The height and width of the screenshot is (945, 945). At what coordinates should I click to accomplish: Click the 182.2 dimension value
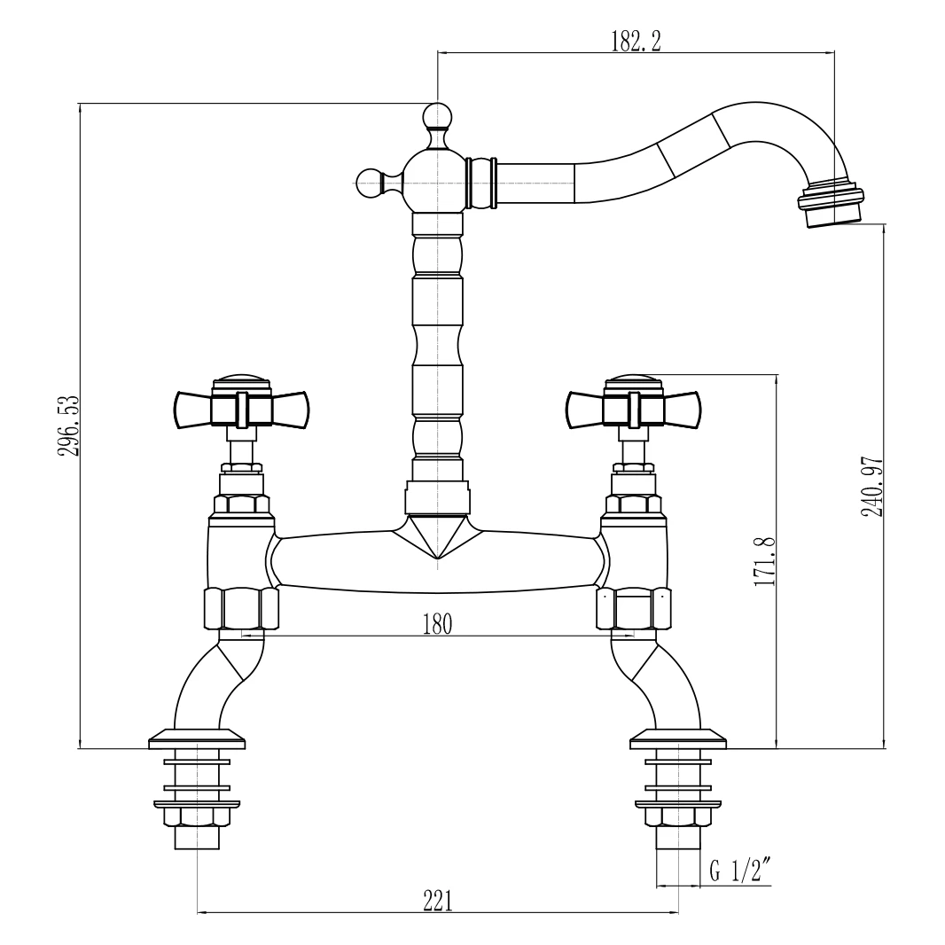(x=636, y=41)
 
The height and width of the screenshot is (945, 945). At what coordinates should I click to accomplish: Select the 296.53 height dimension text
(x=69, y=426)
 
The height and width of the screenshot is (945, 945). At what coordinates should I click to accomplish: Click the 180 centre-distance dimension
(x=437, y=624)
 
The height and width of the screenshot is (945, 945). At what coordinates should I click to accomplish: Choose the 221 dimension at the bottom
(x=437, y=900)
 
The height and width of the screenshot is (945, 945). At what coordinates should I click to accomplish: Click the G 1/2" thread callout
(x=738, y=871)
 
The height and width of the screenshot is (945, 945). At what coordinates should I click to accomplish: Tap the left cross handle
(x=240, y=407)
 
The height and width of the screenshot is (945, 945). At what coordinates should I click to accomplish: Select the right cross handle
(x=632, y=407)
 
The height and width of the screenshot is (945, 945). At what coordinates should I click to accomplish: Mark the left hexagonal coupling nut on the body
(x=241, y=608)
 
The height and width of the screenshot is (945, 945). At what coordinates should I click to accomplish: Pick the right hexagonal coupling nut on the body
(x=633, y=608)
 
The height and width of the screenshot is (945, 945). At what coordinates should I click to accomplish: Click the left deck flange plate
(x=197, y=738)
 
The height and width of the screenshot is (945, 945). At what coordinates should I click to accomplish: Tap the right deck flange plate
(x=677, y=738)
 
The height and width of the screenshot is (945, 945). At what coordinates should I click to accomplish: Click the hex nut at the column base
(x=437, y=498)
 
